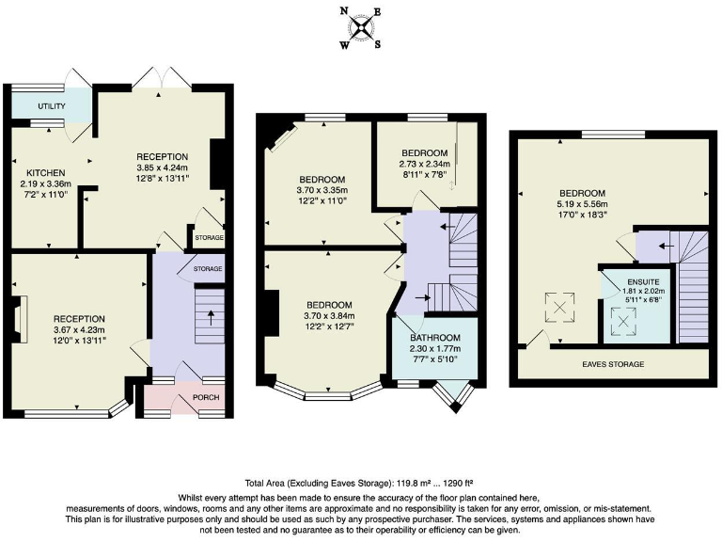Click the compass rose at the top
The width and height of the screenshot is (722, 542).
click(x=360, y=25)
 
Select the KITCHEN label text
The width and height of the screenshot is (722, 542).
click(x=44, y=173)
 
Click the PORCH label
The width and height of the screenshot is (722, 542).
click(x=205, y=398)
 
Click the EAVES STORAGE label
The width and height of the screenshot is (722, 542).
click(x=612, y=364)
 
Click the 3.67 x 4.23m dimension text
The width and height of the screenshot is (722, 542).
click(x=79, y=329)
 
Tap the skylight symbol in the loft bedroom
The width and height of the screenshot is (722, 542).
click(x=556, y=306)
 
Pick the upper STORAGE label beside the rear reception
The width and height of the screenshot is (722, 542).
click(x=209, y=239)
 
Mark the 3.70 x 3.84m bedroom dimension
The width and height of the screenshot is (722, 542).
click(x=328, y=316)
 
